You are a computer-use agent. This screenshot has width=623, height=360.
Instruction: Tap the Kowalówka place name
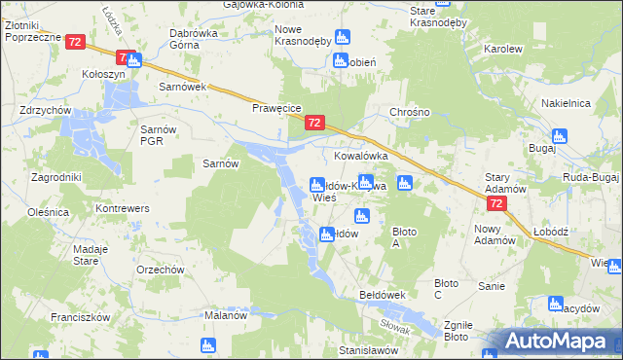click(361, 155)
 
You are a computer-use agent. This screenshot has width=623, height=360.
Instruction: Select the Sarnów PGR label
click(159, 135)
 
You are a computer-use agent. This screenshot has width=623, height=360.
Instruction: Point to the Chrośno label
click(410, 112)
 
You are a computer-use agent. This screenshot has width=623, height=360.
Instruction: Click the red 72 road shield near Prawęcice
click(313, 123)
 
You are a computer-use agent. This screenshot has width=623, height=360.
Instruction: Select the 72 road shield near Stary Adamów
click(496, 202)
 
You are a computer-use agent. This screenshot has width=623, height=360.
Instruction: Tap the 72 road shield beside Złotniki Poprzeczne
click(76, 42)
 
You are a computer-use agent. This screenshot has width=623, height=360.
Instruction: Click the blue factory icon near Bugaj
click(558, 136)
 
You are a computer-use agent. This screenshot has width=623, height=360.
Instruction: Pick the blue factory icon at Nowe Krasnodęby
click(341, 37)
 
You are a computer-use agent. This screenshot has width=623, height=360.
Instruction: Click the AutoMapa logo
click(553, 342)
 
